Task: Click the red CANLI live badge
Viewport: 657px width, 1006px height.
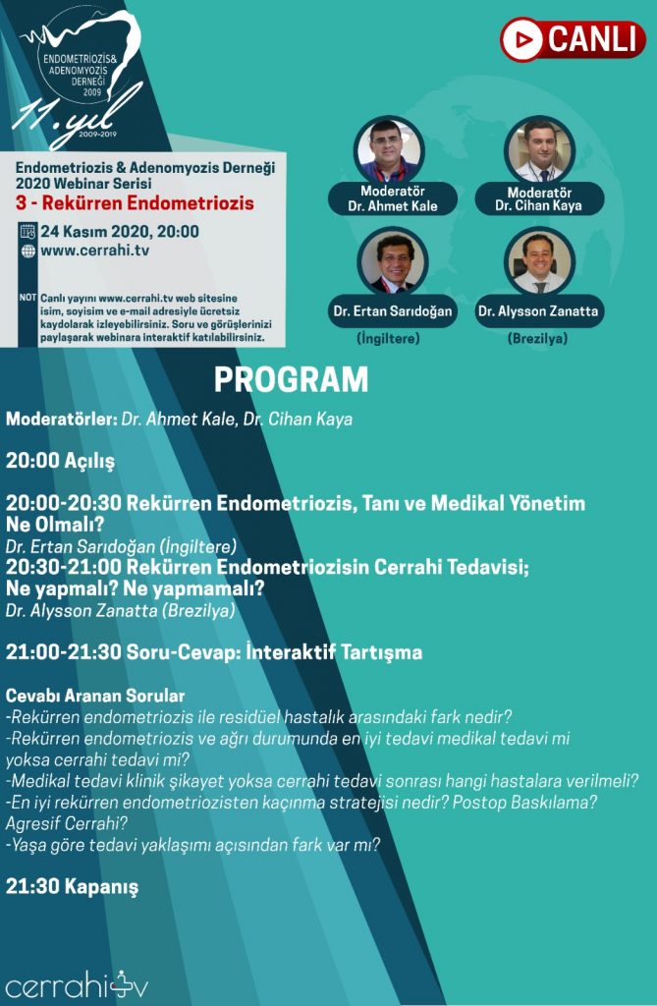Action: tap(573, 39)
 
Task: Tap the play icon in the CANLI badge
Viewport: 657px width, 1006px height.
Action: tap(522, 40)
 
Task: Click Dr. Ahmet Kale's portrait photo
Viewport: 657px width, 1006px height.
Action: tap(389, 148)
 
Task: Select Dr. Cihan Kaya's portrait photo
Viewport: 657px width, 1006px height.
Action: tap(539, 149)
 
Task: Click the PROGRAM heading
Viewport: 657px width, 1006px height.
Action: tap(291, 379)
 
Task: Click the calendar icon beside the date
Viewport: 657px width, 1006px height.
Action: tap(27, 232)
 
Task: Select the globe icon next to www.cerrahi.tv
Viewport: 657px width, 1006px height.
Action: tap(27, 251)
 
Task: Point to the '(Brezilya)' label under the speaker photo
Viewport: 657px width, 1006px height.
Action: tap(539, 339)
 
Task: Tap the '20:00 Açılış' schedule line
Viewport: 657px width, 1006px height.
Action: tap(61, 460)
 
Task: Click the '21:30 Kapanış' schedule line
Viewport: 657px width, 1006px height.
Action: tap(73, 886)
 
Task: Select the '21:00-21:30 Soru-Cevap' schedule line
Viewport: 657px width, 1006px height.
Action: tap(214, 651)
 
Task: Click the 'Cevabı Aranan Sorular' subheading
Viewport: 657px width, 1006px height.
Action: tap(95, 696)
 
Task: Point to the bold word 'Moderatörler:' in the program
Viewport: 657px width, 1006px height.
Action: tap(62, 419)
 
